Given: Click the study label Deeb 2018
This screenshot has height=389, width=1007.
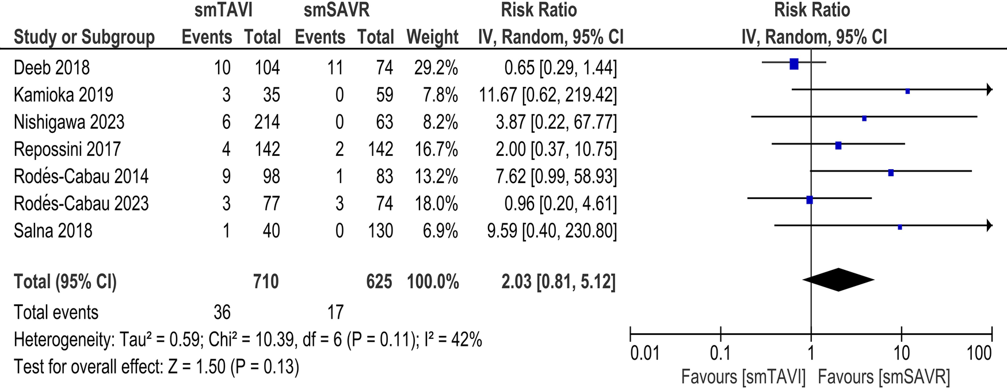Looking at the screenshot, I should [x=52, y=68].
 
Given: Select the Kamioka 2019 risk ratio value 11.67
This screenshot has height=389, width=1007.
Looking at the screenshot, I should [x=498, y=95].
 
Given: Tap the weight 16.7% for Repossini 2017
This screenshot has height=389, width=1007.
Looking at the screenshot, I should [x=436, y=150].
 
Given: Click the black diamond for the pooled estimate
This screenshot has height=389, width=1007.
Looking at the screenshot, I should [x=838, y=280].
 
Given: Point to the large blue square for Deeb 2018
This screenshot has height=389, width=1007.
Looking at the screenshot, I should [x=794, y=64].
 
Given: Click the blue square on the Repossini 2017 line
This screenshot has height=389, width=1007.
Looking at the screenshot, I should [x=838, y=146].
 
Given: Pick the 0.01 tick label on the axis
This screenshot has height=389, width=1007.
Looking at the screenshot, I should [x=644, y=352].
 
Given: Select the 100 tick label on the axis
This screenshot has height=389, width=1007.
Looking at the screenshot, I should [x=979, y=352].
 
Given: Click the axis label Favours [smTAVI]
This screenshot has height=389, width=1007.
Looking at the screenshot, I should [x=743, y=377].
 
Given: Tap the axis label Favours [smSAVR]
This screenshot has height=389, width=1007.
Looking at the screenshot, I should [x=883, y=377].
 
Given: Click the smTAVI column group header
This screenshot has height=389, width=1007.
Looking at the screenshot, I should [x=223, y=10].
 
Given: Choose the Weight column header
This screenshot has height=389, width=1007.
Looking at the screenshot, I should [x=432, y=37].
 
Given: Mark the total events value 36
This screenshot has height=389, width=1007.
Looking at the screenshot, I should [x=222, y=312].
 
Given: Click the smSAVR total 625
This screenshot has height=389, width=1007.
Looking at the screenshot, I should [x=379, y=282].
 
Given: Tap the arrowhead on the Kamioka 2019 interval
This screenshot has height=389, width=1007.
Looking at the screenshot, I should [x=989, y=89].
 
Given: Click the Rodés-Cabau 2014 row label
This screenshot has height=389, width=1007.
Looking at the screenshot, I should [x=81, y=176].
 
